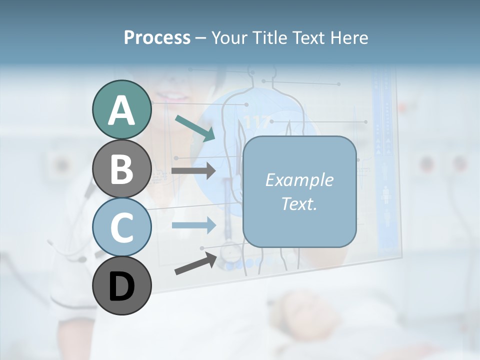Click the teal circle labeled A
pos(121,110)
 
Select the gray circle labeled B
pos(121,169)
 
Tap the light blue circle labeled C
pos(121,227)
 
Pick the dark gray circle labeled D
pos(121,286)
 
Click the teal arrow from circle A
pos(194,127)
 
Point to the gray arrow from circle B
pos(193,170)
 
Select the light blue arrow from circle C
pos(193,225)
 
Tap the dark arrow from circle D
pos(195,263)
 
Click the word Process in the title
pos(157,37)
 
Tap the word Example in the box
pos(299,180)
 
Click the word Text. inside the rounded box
pos(299,203)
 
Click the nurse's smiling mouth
pos(172,96)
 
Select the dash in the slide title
pos(201,38)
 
